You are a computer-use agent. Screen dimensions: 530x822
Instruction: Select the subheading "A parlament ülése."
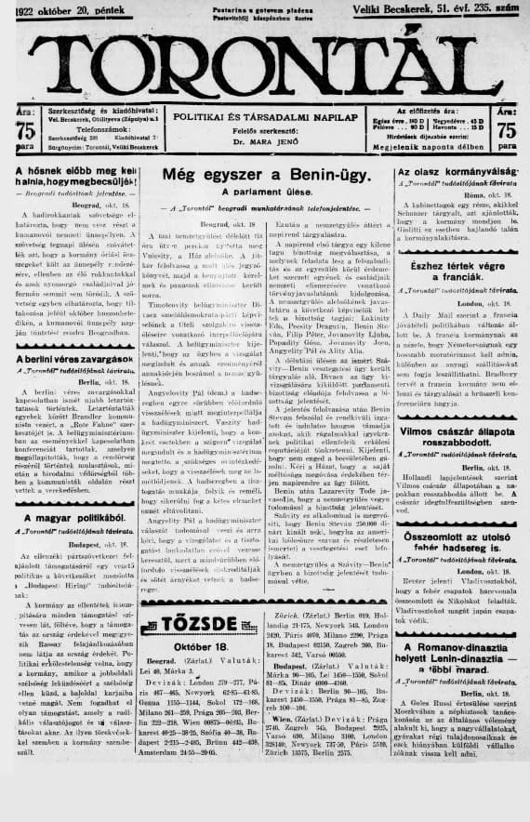[265, 192]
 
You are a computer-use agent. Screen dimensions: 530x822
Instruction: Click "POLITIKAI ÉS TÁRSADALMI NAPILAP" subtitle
[265, 116]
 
